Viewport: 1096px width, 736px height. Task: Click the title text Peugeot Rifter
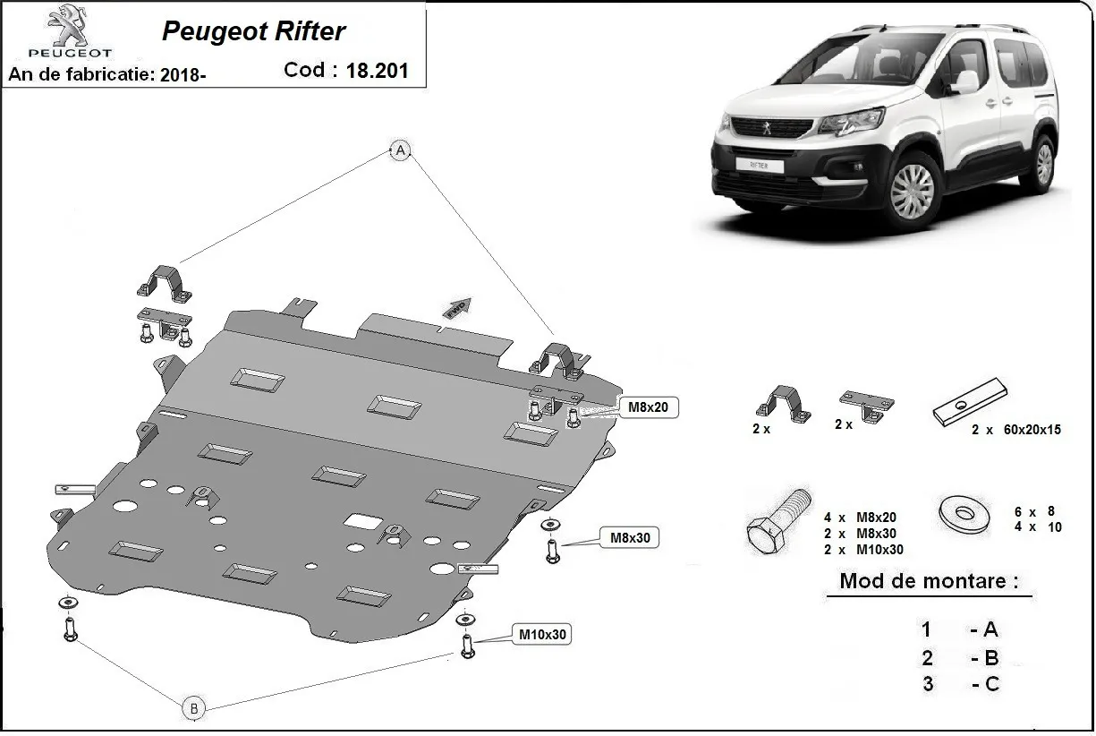(x=253, y=31)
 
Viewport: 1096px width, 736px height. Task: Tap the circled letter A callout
(x=400, y=150)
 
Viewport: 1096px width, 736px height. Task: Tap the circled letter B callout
(x=193, y=708)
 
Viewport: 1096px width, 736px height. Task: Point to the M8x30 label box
(x=630, y=538)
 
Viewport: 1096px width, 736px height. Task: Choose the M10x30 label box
(x=542, y=635)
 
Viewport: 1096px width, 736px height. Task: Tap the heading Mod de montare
(x=928, y=580)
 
